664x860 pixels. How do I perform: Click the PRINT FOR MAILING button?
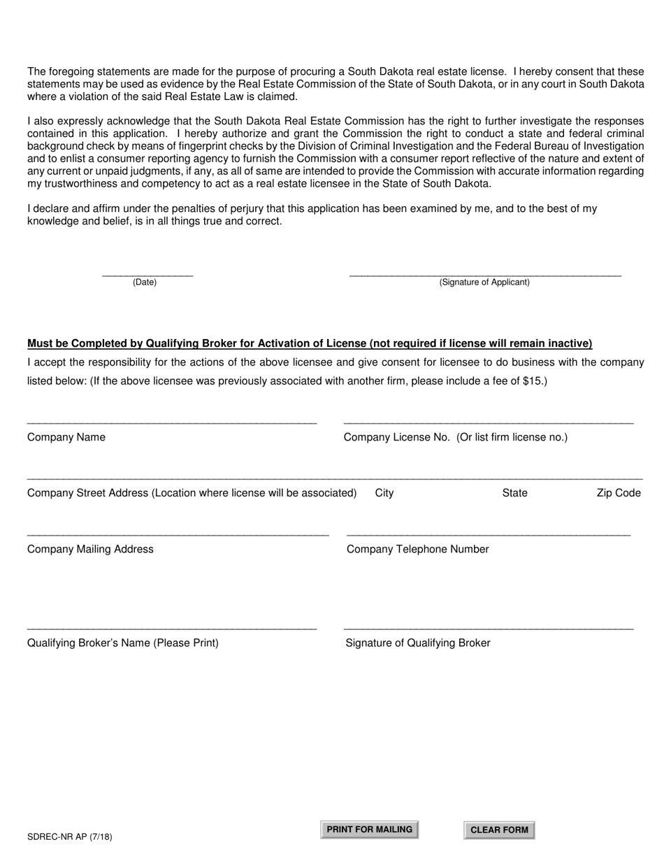(369, 829)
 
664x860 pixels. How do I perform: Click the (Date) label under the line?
(145, 282)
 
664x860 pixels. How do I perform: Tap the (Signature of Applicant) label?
(484, 282)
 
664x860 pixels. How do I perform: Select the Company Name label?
(66, 438)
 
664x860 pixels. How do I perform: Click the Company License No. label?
(456, 438)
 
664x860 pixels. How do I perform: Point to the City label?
(384, 493)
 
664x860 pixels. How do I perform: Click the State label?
(514, 493)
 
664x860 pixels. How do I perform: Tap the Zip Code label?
(619, 493)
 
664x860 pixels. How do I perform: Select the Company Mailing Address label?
(90, 550)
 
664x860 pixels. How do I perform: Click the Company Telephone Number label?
(418, 550)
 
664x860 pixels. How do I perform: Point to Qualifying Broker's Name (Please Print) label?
(123, 643)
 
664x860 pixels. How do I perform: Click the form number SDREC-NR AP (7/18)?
(70, 837)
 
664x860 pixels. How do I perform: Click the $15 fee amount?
(533, 381)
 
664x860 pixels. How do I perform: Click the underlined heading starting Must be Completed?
(310, 343)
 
